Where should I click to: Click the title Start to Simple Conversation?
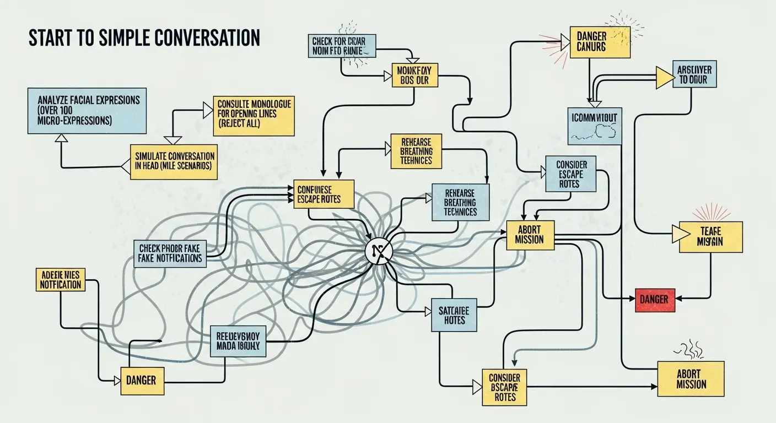click(144, 37)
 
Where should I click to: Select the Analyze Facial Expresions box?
click(87, 110)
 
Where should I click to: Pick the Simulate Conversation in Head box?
click(173, 162)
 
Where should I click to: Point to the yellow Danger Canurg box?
click(600, 42)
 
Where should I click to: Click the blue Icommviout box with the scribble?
click(594, 126)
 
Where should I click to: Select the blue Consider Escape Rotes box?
click(570, 173)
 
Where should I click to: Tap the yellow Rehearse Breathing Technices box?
click(416, 151)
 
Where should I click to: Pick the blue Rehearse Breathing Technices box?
click(460, 202)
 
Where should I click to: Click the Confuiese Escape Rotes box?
click(324, 194)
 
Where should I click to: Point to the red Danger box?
click(655, 300)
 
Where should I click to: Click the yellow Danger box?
click(142, 379)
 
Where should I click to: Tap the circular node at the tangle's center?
click(378, 252)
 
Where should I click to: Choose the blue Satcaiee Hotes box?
click(454, 315)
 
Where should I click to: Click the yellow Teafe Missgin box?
click(710, 237)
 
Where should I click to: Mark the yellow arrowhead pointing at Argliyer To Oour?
click(665, 78)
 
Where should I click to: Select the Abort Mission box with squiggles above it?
click(691, 379)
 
